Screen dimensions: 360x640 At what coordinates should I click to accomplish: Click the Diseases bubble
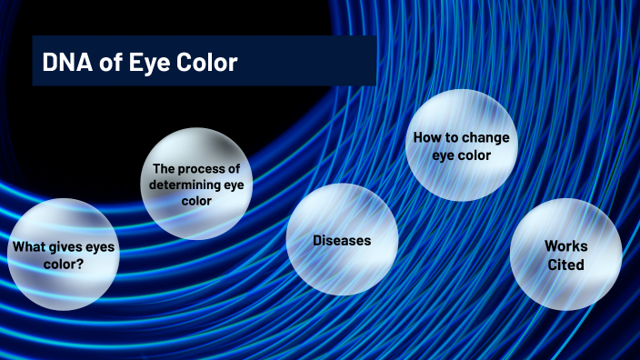(342, 240)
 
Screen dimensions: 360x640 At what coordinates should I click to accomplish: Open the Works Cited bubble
(565, 255)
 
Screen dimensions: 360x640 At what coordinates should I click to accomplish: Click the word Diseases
(342, 241)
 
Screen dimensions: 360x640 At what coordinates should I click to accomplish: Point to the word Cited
(565, 265)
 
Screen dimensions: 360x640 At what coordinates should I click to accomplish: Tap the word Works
(565, 246)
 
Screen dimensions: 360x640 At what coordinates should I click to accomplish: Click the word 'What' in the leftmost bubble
(28, 246)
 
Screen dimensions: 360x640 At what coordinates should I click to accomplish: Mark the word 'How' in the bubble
(425, 138)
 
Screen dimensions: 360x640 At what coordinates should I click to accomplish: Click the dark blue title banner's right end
(368, 61)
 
